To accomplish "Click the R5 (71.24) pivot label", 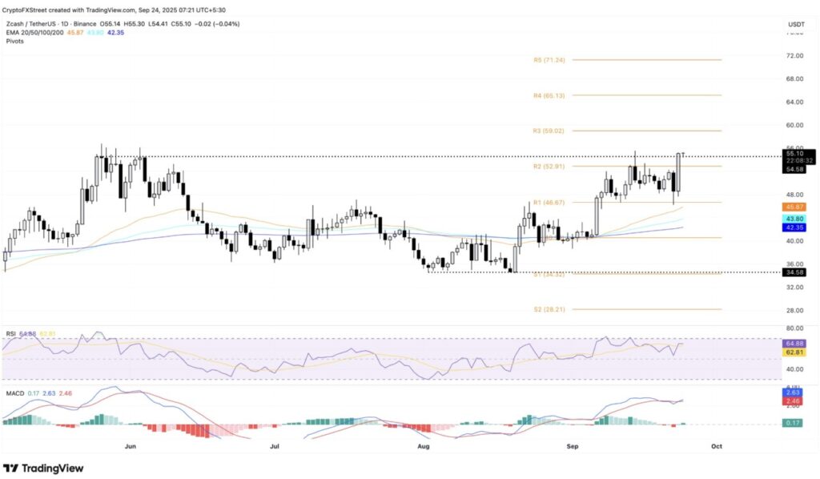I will (549, 60).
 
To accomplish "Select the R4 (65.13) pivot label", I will (549, 95).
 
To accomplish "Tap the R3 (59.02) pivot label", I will (549, 131).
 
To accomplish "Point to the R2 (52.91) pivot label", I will (549, 166).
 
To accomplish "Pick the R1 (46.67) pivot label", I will (549, 203).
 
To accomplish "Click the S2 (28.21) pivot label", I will (549, 309).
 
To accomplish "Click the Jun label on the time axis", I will (130, 446).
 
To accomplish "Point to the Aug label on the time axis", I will (424, 446).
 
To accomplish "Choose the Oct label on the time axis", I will (716, 446).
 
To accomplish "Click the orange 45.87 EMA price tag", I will (795, 207).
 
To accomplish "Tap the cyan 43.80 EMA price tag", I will (795, 219).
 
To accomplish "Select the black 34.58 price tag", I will (795, 272).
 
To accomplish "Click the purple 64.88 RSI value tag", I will (795, 344).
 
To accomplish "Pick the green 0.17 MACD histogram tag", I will (795, 423).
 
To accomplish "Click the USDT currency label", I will (795, 25).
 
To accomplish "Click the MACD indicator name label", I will (14, 392).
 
